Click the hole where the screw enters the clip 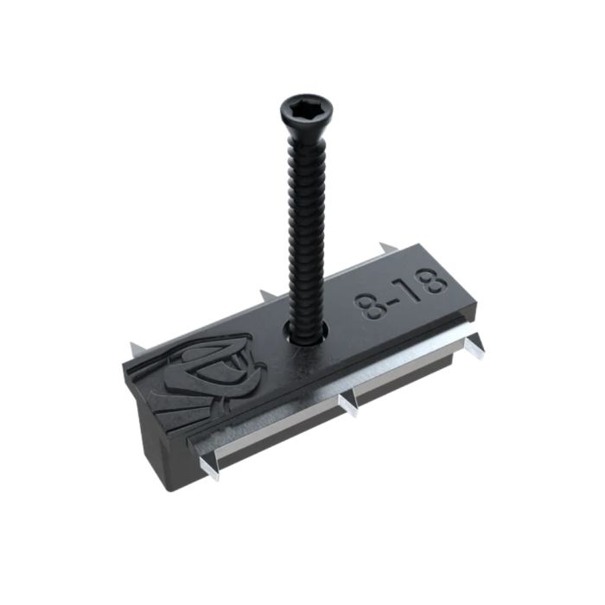[303, 334]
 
